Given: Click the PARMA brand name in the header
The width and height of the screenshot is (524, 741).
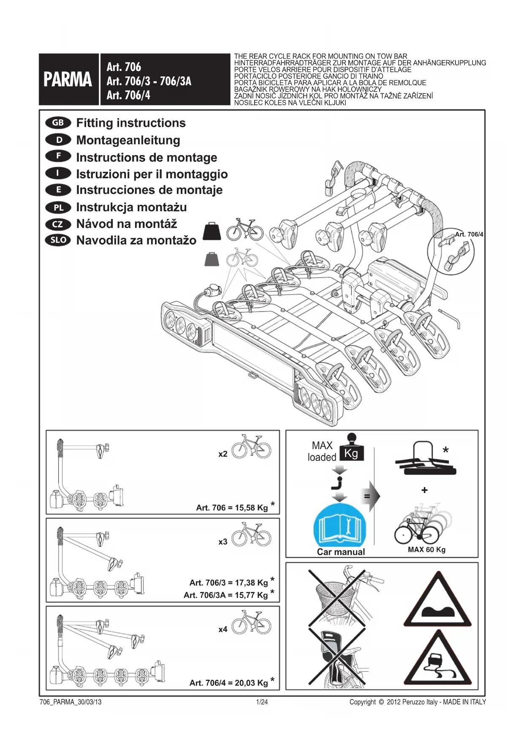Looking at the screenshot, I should click(68, 79).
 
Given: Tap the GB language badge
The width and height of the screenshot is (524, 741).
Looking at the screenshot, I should click(58, 123).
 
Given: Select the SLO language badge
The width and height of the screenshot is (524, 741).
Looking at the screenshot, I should click(58, 240).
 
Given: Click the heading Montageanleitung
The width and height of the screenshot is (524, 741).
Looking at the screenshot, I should click(128, 140).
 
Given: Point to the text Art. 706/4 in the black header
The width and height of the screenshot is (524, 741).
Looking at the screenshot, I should click(128, 95).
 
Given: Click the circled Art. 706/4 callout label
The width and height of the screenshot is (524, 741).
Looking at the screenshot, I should click(469, 234).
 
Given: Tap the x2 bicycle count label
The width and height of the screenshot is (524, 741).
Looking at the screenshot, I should click(223, 454).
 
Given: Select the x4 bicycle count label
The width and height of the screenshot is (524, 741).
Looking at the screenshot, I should click(223, 629).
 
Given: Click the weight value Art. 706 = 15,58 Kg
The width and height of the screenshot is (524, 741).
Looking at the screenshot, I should click(232, 508).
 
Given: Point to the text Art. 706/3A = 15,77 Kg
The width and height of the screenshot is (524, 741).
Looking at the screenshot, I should click(225, 595).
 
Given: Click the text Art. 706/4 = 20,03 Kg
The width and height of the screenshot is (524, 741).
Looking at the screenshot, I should click(228, 683).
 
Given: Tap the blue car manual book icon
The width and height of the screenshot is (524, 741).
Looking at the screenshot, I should click(340, 525).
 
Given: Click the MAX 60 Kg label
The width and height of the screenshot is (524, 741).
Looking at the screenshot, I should click(426, 550).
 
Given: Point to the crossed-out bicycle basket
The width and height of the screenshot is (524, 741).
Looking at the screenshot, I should click(337, 596).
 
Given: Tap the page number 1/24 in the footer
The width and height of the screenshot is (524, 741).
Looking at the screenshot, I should click(262, 702).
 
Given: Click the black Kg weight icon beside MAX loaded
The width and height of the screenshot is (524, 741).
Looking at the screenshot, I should click(351, 449).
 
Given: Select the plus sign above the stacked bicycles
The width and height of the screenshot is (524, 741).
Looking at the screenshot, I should click(424, 490).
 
